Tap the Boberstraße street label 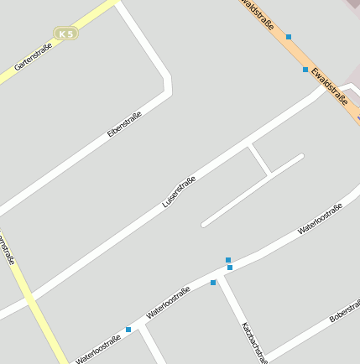345,309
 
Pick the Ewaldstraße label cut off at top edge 258,14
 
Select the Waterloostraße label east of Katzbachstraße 320,217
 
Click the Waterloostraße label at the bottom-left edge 98,348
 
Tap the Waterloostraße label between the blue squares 168,302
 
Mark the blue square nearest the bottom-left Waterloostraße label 128,330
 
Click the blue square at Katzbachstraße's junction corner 213,283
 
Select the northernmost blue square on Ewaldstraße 289,37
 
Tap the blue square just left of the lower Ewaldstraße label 305,70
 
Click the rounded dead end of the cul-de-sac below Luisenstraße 204,224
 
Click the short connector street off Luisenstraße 259,159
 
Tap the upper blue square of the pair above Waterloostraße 227,260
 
